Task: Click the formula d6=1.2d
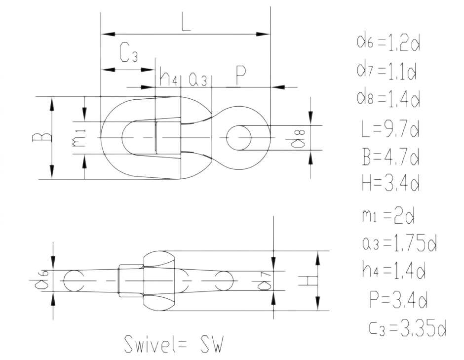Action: pos(388,44)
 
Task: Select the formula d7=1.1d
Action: pos(387,72)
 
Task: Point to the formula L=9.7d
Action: pos(390,130)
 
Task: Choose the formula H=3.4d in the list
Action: pos(390,184)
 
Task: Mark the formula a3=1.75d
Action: pos(399,243)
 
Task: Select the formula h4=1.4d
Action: pos(393,270)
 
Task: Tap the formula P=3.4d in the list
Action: pos(398,299)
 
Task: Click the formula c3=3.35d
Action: pos(408,327)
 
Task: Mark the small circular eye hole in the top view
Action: pos(239,137)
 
